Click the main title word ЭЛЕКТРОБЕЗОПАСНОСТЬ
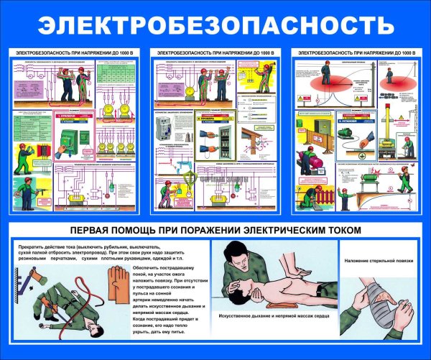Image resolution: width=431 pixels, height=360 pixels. tap(215, 24)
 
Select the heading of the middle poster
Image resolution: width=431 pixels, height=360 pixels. tap(215, 54)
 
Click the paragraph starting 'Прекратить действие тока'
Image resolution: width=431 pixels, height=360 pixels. tap(97, 255)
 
